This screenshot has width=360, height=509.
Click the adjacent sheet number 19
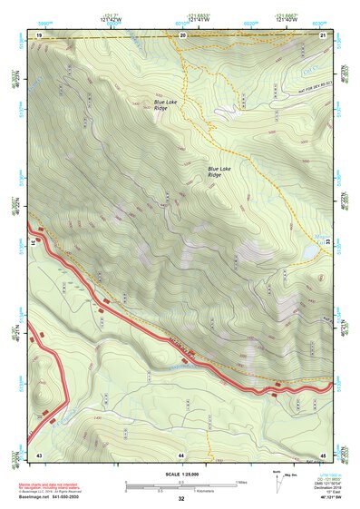[x=39, y=34]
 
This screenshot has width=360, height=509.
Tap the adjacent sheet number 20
[x=182, y=34]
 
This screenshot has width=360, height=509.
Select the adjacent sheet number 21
[x=323, y=34]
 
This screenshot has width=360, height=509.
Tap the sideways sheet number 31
[x=34, y=243]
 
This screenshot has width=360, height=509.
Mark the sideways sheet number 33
[x=327, y=243]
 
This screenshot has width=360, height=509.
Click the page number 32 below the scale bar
[x=181, y=499]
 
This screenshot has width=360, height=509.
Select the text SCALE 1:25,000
[x=181, y=474]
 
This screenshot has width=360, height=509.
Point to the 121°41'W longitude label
[x=199, y=18]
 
